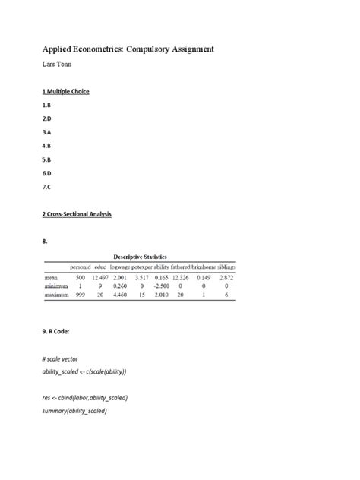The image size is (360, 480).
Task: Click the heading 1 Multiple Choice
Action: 66,92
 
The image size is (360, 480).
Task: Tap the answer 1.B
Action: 46,107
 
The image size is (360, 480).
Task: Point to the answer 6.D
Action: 46,173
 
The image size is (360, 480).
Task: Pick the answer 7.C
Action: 46,187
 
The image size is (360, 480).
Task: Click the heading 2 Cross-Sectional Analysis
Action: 77,214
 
